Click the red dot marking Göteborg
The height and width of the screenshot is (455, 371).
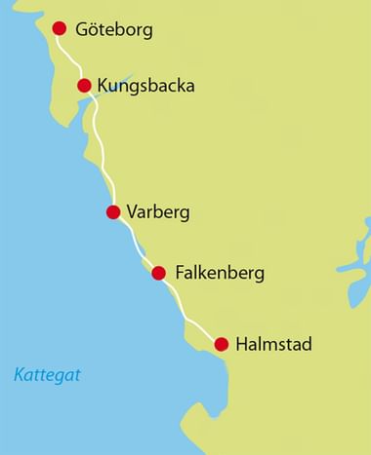[x=58, y=28]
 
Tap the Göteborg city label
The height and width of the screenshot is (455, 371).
[x=114, y=30]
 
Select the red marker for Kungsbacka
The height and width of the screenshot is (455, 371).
[x=85, y=85]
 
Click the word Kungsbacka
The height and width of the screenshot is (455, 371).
[x=146, y=86]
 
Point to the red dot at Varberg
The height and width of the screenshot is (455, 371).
[x=113, y=211]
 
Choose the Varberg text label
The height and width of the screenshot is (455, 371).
[x=157, y=212]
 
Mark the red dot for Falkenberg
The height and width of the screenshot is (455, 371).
[x=158, y=273]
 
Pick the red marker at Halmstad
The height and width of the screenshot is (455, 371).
[x=222, y=343]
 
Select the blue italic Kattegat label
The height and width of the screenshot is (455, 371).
[x=48, y=374]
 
